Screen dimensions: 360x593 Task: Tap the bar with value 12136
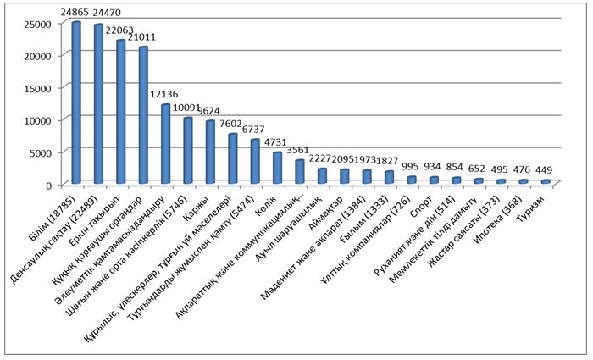pos(166,144)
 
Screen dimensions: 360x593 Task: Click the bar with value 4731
pos(277,168)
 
